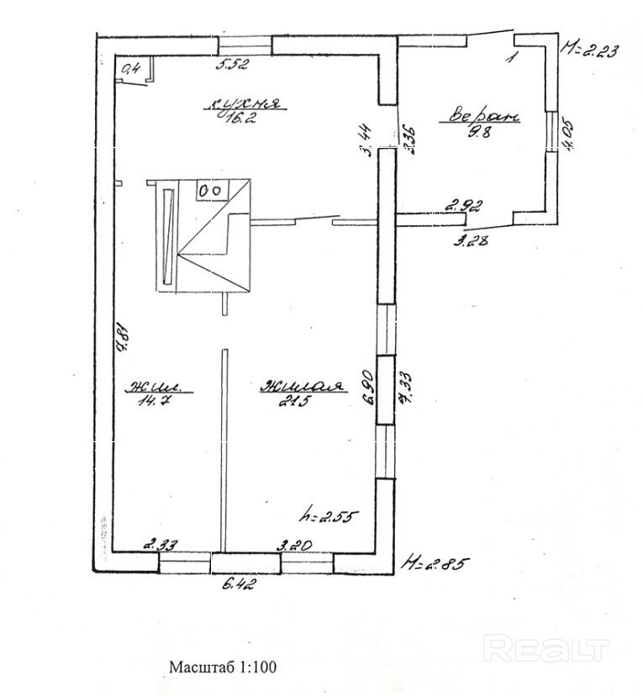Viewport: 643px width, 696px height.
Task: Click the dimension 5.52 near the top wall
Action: pos(234,63)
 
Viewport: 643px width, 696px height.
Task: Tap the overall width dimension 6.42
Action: pos(239,585)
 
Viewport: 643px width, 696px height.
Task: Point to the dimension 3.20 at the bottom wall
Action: pos(295,545)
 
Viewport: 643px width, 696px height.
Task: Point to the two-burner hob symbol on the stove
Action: pos(209,190)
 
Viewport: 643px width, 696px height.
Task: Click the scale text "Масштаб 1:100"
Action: pos(223,667)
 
